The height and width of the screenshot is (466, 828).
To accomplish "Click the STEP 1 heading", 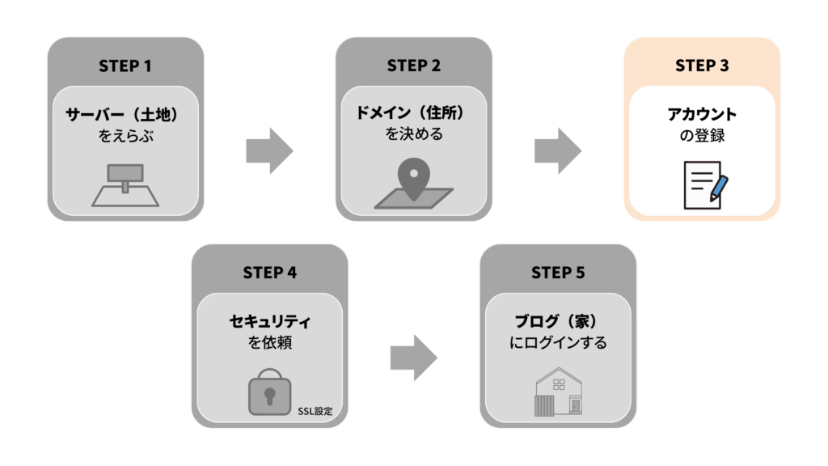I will point(125,66).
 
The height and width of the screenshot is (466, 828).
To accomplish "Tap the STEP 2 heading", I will point(413,66).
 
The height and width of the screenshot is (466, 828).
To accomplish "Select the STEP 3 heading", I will point(702,66).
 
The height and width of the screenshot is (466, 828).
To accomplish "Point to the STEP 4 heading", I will point(269,273).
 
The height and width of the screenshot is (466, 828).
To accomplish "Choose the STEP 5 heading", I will point(558,273).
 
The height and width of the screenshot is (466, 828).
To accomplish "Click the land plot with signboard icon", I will point(125,185).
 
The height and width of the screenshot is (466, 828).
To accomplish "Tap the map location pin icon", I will point(414,185).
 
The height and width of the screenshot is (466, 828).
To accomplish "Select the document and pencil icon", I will point(702,185).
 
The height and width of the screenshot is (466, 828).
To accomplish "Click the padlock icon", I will point(269,392).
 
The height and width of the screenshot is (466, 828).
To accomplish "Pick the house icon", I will point(558,392).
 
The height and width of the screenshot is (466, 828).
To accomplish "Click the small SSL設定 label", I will point(315,410).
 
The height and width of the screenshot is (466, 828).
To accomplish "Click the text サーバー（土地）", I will point(125,114).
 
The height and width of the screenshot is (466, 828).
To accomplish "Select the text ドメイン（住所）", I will point(414,114).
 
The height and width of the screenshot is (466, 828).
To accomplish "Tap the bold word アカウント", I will point(702,114).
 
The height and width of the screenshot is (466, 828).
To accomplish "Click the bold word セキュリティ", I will point(269,321).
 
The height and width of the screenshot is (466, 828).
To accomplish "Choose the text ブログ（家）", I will point(558,321).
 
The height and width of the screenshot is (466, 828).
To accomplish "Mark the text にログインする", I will point(558,343).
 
